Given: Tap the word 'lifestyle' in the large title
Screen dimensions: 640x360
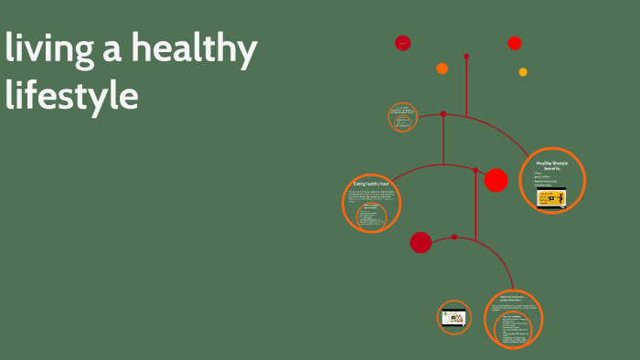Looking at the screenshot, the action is point(71,95).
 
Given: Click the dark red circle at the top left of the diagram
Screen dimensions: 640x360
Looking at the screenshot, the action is point(402,43).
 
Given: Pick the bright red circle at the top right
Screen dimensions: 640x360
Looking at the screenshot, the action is point(515,43).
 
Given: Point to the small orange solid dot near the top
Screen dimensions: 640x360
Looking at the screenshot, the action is point(442,69).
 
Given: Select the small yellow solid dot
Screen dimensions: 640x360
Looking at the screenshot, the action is point(523,72).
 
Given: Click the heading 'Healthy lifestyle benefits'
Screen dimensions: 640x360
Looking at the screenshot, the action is point(551,165).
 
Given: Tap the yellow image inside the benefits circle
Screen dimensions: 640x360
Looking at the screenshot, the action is point(551,198).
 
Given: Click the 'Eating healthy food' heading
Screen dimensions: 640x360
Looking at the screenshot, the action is point(371,185).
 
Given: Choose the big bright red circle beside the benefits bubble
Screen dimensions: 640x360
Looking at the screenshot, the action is point(496,181).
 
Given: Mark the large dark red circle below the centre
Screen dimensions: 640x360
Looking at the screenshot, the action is point(421,242).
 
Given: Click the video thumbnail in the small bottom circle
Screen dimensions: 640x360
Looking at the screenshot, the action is point(453,318).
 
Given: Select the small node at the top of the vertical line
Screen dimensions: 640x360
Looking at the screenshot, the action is point(466,57).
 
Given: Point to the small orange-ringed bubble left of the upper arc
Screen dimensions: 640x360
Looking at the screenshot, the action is point(402,117).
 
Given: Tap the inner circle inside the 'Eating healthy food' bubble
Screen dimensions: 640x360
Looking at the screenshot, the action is point(371,216).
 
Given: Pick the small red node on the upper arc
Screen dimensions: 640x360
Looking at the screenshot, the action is point(443,114).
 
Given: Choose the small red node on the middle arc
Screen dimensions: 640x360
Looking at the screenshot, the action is point(475,170).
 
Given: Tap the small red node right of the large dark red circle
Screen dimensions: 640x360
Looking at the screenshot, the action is point(454,238).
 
